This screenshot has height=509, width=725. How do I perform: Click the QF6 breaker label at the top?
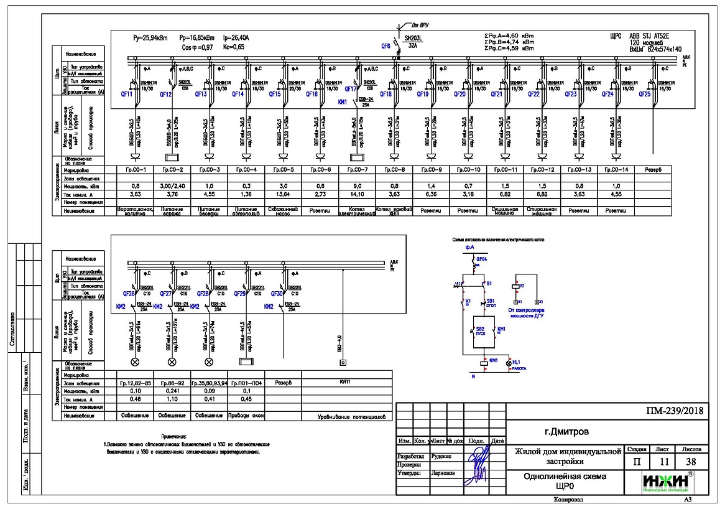tap(385, 45)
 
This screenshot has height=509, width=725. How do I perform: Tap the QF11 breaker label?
tap(134, 95)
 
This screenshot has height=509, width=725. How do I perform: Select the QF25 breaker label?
tap(644, 95)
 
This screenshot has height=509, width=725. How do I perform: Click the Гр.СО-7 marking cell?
tap(357, 169)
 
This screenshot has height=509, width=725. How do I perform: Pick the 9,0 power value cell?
tap(357, 186)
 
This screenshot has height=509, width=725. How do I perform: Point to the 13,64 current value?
tap(283, 194)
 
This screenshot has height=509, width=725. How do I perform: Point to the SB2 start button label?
tap(479, 327)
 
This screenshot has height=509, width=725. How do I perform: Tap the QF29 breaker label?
tap(240, 294)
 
